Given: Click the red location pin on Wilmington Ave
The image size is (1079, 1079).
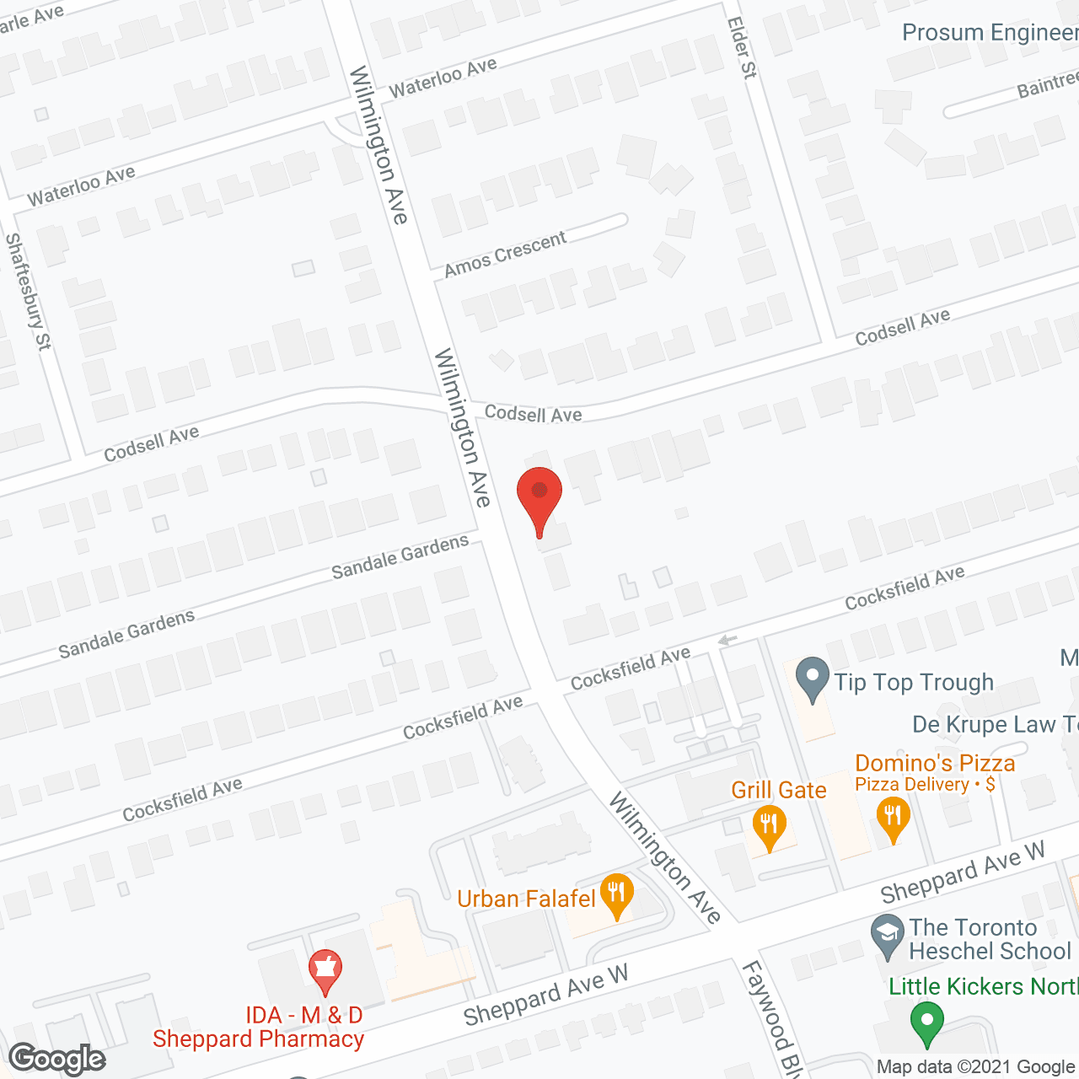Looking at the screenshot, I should [539, 497].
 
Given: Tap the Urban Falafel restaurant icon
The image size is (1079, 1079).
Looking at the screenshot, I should [617, 895].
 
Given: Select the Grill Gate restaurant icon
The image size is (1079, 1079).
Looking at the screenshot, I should [769, 825].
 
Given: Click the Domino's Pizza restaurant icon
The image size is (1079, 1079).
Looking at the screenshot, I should [892, 819].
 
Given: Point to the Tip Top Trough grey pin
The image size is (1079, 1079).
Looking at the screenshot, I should [813, 679].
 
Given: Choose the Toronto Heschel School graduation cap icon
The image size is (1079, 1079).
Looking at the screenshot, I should [887, 936].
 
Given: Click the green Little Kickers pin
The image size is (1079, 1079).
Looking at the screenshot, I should [927, 1023].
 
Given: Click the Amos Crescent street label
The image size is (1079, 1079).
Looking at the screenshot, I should [505, 254].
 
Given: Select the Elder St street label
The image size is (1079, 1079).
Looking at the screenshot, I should [742, 47].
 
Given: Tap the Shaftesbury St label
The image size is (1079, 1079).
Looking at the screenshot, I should [28, 291].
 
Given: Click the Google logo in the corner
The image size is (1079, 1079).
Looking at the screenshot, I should [57, 1059].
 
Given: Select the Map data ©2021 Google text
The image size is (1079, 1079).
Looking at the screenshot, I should [976, 1066].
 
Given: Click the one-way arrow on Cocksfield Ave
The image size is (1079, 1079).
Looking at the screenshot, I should [727, 641].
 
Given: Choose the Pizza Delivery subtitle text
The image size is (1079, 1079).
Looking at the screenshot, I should [924, 785].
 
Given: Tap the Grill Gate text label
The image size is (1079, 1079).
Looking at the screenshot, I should [778, 790].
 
